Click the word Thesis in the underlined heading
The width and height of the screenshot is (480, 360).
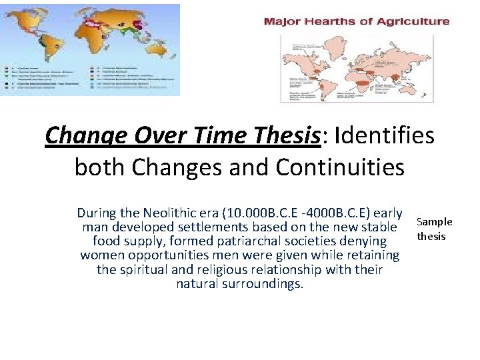(293, 136)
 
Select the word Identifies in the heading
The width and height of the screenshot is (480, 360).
(385, 136)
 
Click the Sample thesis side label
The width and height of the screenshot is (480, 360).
(434, 229)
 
